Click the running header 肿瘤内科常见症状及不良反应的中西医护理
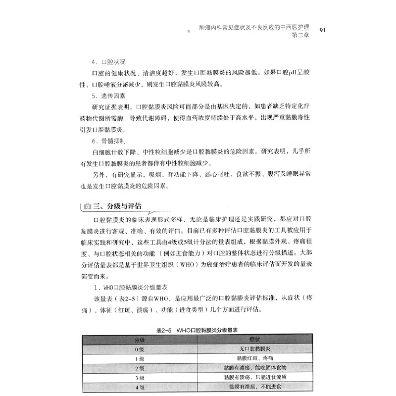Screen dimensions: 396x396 coord(250,28)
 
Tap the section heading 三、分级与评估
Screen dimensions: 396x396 coord(121,206)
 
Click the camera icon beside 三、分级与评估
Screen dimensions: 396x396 coord(88,206)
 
